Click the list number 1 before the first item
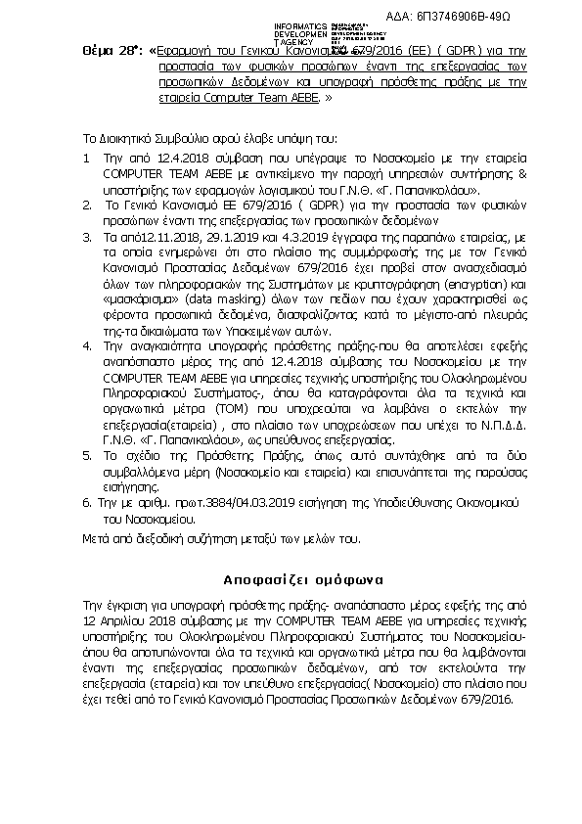(x=87, y=157)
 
